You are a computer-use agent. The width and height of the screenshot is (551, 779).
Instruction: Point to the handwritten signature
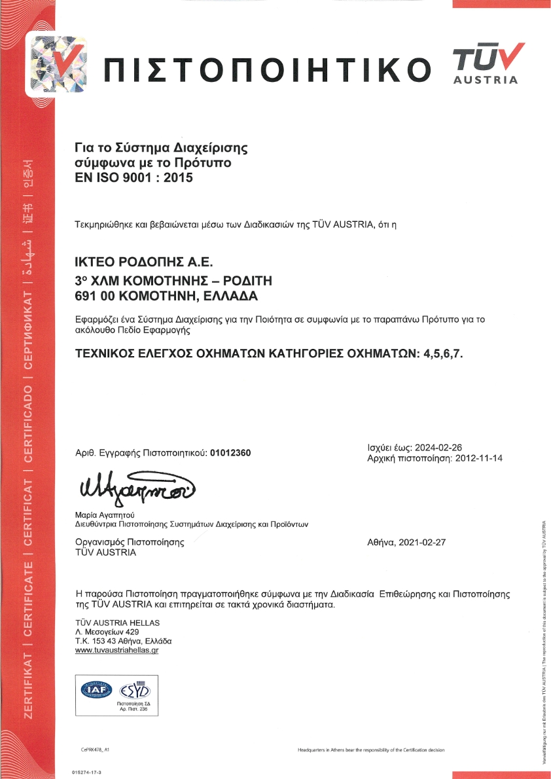(137, 486)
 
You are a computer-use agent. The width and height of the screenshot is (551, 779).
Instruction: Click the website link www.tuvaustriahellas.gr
(117, 650)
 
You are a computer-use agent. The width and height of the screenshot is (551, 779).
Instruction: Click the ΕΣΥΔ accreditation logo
(133, 690)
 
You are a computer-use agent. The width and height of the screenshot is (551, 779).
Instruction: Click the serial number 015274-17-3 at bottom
(86, 772)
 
